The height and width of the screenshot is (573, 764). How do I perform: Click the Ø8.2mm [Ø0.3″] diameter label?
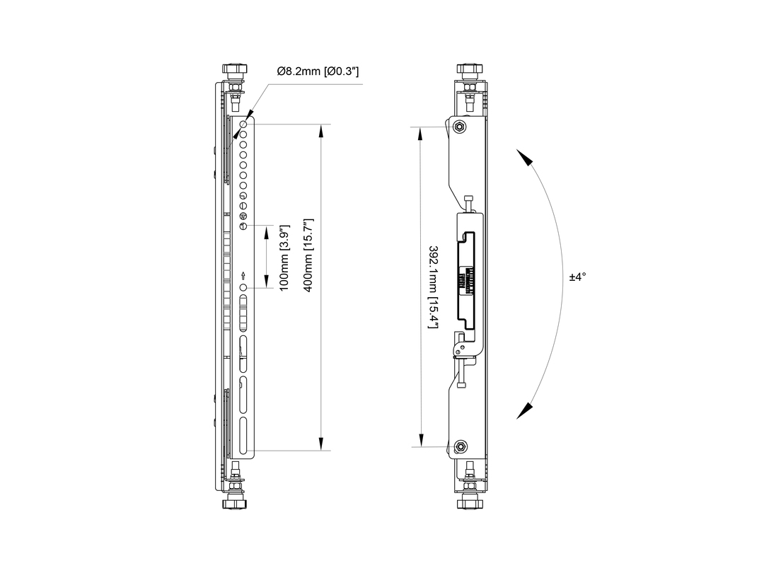(x=318, y=71)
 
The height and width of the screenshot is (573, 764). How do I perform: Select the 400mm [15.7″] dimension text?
(x=308, y=255)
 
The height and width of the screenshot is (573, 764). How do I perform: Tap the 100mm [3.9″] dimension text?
(x=284, y=257)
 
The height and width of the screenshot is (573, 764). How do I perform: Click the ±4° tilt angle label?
(x=577, y=277)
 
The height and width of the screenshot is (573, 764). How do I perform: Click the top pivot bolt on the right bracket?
(x=459, y=127)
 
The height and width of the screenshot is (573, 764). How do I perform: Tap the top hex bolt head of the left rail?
(x=235, y=69)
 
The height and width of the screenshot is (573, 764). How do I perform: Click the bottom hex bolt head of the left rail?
(x=235, y=503)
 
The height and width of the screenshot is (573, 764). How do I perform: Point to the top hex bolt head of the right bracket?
(x=469, y=69)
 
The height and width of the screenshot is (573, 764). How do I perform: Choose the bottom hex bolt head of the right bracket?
(x=469, y=503)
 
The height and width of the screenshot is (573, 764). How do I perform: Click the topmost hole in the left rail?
(x=243, y=124)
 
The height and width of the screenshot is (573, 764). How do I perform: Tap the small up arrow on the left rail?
(x=243, y=277)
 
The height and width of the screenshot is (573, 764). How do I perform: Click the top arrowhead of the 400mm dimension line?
(x=321, y=131)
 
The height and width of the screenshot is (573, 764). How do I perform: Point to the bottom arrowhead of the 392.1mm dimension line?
(x=421, y=440)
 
